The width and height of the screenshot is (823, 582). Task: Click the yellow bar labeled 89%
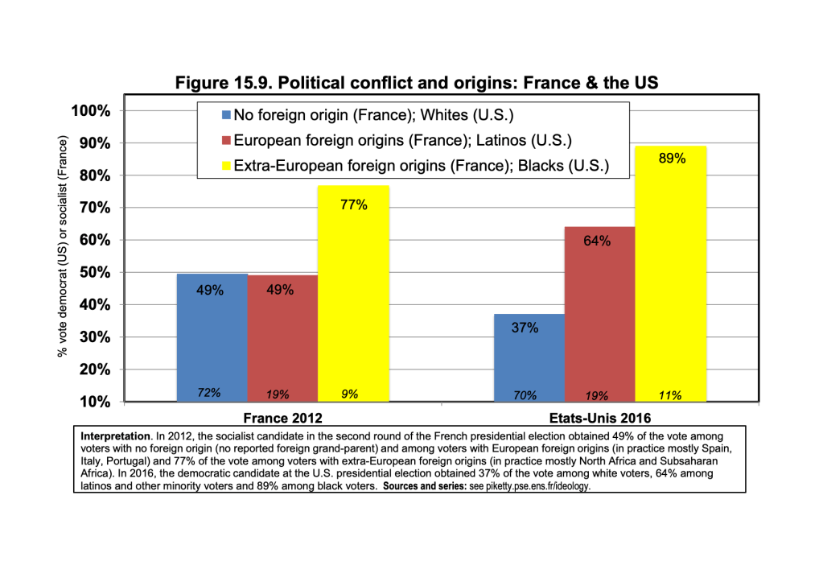(671, 274)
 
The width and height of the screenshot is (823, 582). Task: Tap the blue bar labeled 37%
(529, 357)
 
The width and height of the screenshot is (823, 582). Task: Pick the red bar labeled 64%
(600, 314)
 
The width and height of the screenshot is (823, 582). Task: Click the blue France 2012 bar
(212, 338)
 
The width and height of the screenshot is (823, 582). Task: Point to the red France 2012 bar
(282, 338)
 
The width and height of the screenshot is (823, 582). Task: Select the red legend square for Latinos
(227, 141)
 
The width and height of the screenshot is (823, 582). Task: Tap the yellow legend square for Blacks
(227, 167)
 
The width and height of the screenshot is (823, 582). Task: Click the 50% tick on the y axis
(96, 272)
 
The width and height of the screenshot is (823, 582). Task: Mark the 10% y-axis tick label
(96, 401)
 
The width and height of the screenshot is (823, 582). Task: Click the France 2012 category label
(283, 418)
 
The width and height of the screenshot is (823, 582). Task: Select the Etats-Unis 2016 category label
(599, 418)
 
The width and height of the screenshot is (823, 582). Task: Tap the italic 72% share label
(210, 393)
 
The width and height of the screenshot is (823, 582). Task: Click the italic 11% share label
(670, 394)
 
